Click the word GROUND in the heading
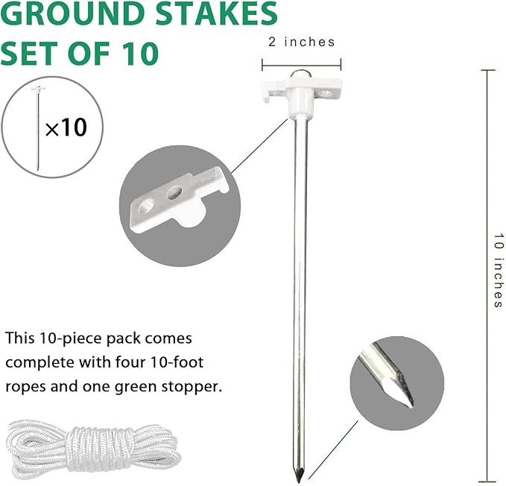[60, 14]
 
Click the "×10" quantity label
[66, 127]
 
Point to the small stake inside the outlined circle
[37, 127]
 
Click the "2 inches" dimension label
[301, 42]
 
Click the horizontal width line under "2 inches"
[302, 62]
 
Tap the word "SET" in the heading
[30, 53]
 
